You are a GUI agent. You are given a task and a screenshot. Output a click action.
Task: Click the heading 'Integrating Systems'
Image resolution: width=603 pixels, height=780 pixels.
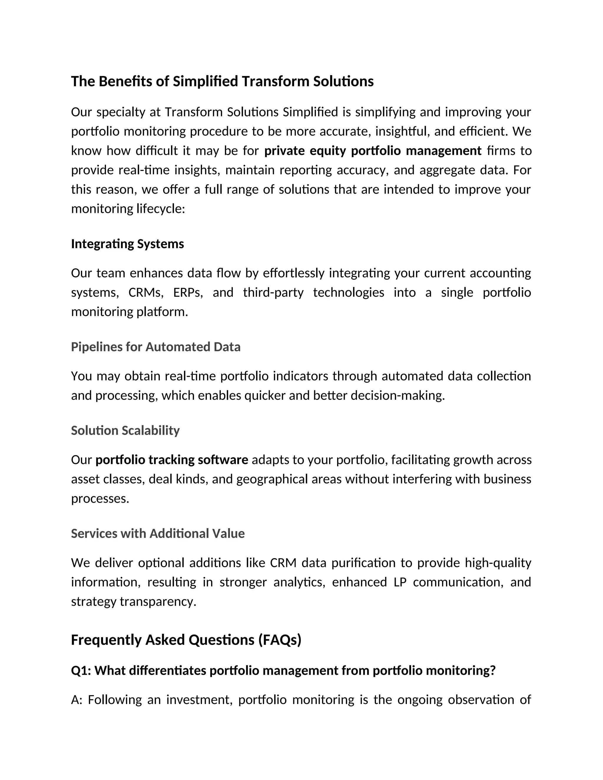coord(127,244)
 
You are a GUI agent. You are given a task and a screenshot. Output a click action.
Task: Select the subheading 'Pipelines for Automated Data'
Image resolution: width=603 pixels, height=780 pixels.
coord(156,347)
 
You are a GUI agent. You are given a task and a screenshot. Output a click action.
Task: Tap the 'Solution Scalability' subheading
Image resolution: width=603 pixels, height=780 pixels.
coord(125,430)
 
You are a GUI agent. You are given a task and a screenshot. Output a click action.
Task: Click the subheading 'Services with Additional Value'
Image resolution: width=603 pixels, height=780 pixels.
coord(158,533)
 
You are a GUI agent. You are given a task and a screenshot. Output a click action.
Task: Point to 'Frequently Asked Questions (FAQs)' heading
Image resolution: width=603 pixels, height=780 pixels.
coord(186,640)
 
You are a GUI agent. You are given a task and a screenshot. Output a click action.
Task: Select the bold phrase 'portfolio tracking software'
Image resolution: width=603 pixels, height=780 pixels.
coord(172,460)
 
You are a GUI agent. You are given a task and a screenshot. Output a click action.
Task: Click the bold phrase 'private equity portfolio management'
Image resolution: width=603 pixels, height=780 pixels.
coord(372,151)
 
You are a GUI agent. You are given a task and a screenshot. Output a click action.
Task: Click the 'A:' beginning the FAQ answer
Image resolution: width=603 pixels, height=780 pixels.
coord(77,700)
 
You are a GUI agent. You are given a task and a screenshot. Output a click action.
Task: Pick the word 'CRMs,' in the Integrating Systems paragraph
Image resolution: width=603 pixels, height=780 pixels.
coord(146,293)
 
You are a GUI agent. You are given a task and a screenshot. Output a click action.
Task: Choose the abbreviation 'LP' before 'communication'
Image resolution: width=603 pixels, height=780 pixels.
coord(400,582)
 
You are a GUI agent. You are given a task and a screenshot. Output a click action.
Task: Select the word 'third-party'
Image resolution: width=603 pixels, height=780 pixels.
coord(273,293)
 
